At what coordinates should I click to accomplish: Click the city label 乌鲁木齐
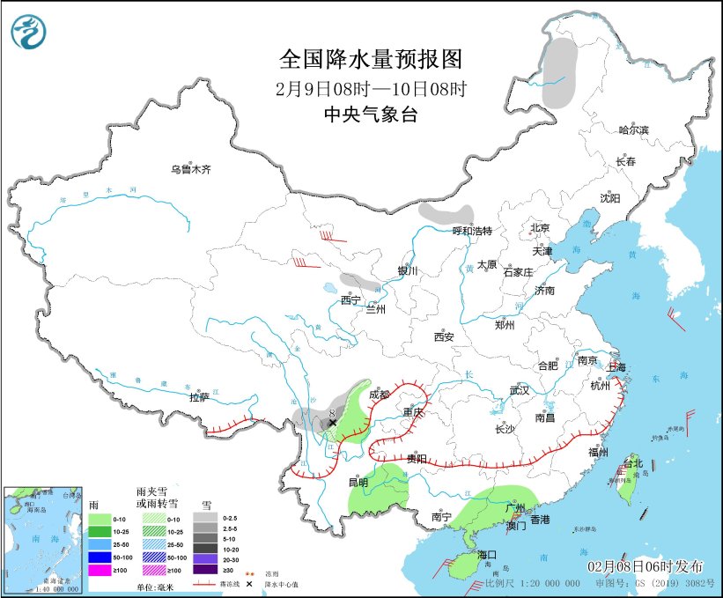click(191, 169)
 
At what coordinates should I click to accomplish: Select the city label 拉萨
click(200, 397)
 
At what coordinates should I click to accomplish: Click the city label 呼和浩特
click(471, 231)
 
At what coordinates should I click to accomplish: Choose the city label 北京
click(539, 228)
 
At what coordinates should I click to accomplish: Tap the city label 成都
click(379, 395)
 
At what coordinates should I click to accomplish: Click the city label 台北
click(633, 463)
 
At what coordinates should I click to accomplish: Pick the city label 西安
click(443, 336)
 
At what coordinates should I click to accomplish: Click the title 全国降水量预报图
click(370, 59)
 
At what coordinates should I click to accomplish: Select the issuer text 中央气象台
click(370, 114)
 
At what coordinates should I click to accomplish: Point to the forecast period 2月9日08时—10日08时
click(370, 88)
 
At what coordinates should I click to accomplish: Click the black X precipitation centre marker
click(332, 423)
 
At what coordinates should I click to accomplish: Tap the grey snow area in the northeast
click(557, 72)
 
